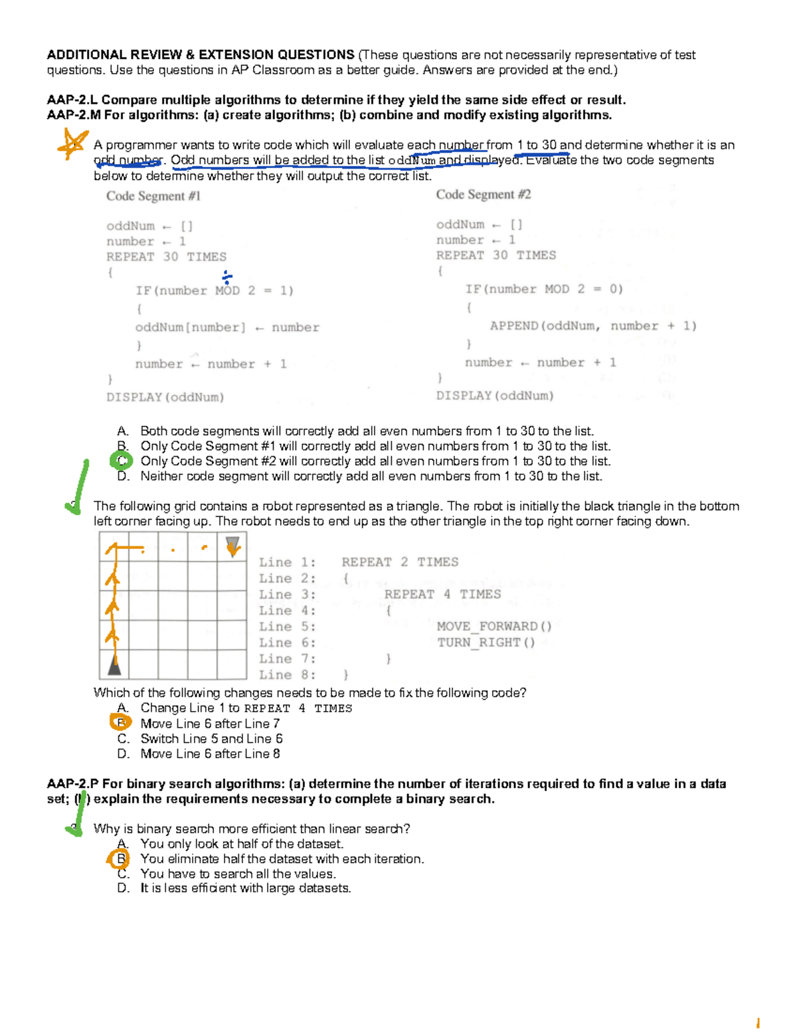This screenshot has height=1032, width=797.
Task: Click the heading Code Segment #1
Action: pos(153,196)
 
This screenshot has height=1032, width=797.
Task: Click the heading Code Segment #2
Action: pos(483,195)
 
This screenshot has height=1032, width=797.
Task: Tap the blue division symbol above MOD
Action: pos(226,277)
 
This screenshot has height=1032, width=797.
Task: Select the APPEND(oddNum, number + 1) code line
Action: pos(592,326)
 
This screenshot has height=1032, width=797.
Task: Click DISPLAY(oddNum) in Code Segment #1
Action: pos(165,397)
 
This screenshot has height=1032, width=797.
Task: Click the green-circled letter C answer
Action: pos(122,461)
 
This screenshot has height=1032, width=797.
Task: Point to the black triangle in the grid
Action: pos(115,664)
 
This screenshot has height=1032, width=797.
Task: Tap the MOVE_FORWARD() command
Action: pos(493,627)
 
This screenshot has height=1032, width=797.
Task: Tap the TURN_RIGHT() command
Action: pos(486,643)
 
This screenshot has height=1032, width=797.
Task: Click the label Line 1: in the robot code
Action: pos(287,562)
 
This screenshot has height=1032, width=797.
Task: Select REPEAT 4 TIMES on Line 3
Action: pos(442,594)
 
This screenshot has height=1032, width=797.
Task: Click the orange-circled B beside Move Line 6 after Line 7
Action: pos(121,722)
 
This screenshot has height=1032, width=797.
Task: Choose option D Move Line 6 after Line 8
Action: pos(209,754)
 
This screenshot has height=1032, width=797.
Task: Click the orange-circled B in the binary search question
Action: pos(121,859)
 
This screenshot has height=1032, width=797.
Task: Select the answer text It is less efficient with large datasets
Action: pos(245,888)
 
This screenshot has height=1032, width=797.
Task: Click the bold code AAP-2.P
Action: pos(72,784)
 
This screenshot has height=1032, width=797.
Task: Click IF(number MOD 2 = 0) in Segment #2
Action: pos(543,289)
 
